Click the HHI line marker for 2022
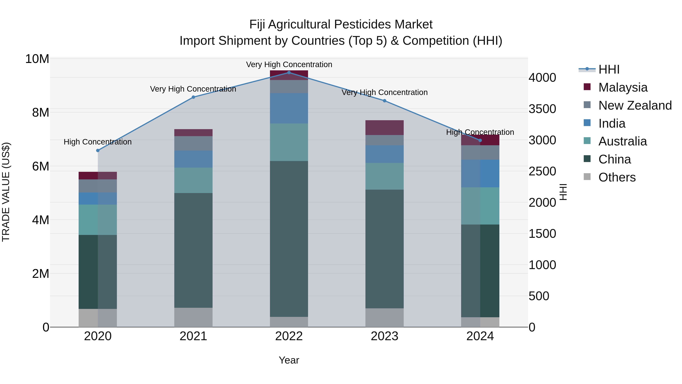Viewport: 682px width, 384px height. point(289,72)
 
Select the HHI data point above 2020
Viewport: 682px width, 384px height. point(98,151)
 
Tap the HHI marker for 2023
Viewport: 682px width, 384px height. point(384,101)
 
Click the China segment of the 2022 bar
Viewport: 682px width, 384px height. point(289,239)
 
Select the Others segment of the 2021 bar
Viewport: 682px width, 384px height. point(193,317)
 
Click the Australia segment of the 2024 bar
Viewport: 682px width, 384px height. point(480,206)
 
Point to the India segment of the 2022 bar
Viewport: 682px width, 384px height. point(289,108)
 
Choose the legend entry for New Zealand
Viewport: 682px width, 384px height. point(635,105)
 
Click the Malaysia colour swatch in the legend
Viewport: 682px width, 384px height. point(587,87)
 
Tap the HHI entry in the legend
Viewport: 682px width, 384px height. point(609,69)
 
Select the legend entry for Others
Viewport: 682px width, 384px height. point(617,177)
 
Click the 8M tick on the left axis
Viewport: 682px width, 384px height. point(41,113)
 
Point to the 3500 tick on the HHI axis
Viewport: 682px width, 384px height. point(542,109)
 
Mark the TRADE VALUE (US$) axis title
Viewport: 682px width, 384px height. point(6,192)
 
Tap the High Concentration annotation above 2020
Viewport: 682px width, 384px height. point(98,142)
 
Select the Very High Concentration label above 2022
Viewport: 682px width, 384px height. point(289,64)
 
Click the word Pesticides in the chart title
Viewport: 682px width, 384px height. point(362,24)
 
